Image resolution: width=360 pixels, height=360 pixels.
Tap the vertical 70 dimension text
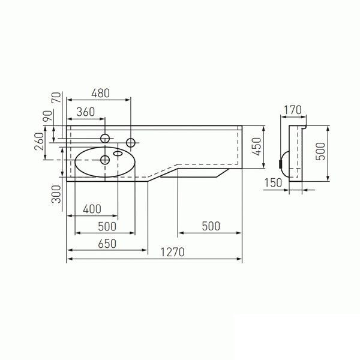point(56,99)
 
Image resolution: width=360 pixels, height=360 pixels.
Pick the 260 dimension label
point(40,143)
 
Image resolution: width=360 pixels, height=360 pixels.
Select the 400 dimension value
point(92,209)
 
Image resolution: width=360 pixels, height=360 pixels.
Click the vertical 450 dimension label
point(257,145)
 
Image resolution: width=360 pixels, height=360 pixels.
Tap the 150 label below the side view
point(272,184)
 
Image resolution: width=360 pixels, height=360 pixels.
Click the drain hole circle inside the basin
point(105,160)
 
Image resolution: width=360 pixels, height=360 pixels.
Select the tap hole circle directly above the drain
point(105,139)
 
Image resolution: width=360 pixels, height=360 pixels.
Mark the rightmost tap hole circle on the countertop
point(130,142)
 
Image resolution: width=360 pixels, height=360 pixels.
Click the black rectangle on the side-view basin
point(282,160)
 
